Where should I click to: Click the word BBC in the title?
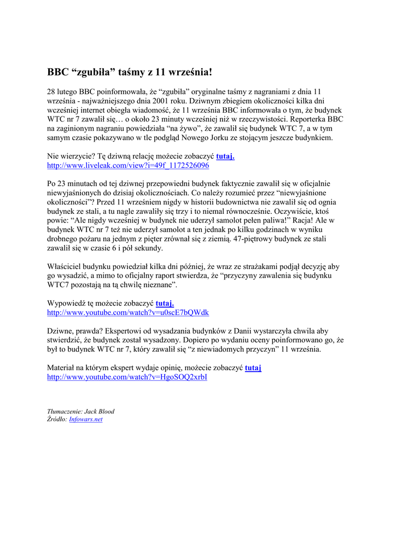58,72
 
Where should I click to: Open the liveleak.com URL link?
128,165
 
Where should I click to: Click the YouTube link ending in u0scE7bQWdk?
128,312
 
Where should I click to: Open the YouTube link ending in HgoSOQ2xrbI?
127,377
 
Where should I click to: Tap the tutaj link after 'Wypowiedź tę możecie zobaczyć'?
165,303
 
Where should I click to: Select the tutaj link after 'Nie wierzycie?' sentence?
225,156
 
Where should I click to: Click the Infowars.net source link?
86,419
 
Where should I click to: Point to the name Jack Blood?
100,411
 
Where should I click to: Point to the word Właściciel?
65,266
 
